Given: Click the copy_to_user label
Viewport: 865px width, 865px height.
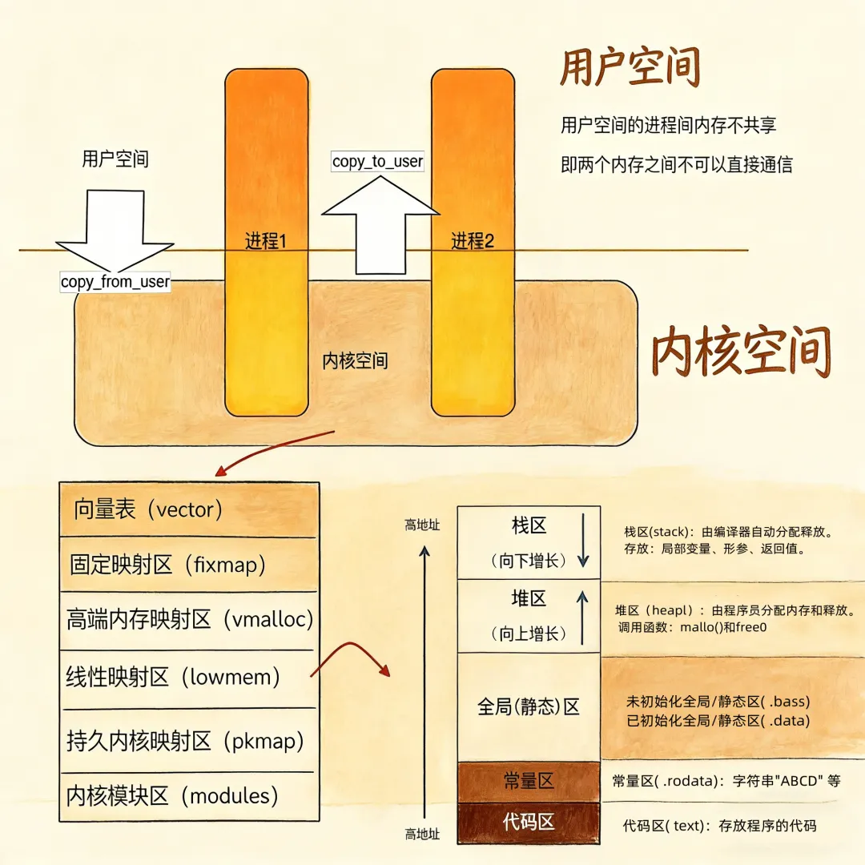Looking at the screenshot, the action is pos(377,161).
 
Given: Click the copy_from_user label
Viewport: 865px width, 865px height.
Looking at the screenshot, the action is pos(115,282).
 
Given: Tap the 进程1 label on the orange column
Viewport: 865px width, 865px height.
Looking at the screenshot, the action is pos(266,240).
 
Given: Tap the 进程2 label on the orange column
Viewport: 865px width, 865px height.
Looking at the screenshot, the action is pos(473,240).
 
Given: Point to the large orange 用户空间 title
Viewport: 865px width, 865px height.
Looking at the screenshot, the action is pos(630,67).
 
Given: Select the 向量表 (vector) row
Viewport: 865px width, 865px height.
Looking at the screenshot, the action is pos(189,509).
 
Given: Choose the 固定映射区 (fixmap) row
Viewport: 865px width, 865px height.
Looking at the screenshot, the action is pos(189,565).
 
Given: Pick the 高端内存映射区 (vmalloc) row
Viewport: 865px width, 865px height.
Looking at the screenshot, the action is pos(189,619).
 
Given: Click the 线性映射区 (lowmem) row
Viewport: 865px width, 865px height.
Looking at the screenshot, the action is pos(189,677).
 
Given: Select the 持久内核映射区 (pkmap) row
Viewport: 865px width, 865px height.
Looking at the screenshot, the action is pos(189,741).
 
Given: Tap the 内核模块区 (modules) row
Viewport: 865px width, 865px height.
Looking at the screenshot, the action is pos(189,796).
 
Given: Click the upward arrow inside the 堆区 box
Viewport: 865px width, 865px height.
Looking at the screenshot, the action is pos(582,617).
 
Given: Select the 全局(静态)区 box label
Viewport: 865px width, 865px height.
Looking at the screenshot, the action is pos(529,706).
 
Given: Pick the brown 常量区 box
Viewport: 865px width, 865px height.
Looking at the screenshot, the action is pos(529,781).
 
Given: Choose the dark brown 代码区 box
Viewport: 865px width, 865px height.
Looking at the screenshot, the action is pos(529,823).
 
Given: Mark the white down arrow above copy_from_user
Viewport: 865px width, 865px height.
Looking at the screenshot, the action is pos(115,228).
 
